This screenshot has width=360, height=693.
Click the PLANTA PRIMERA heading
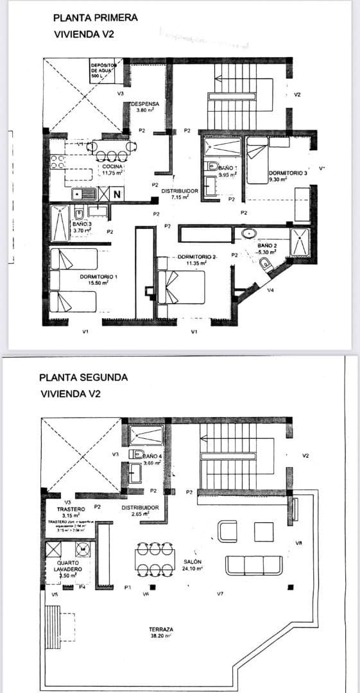[x=95, y=18]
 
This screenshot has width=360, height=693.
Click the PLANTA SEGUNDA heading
[x=83, y=377]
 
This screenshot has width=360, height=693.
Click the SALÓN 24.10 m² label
[x=193, y=564]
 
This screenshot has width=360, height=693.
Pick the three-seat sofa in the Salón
[x=253, y=565]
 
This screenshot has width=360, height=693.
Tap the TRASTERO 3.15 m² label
[x=67, y=512]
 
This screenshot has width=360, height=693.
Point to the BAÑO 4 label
[x=153, y=457]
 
